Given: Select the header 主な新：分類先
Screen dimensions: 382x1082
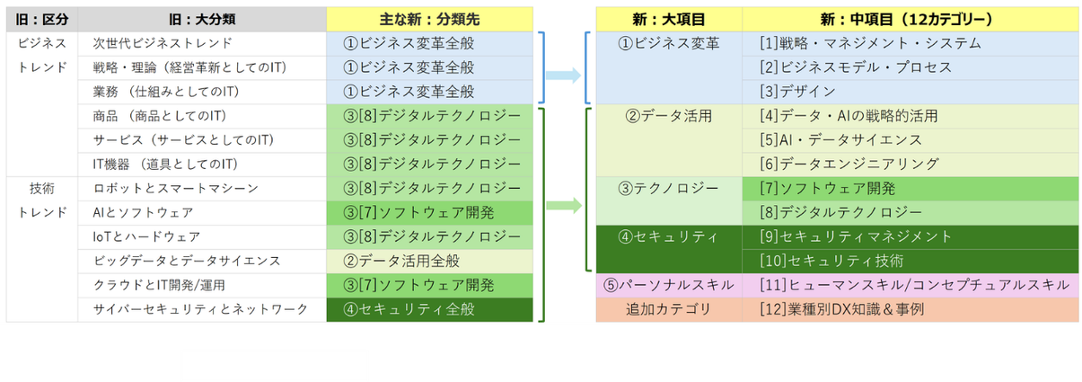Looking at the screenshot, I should [x=430, y=19].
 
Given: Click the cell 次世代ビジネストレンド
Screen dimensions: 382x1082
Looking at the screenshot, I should [x=163, y=43].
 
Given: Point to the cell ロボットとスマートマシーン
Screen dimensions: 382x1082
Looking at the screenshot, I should [x=176, y=188].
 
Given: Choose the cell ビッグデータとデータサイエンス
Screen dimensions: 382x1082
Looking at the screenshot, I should [x=187, y=261].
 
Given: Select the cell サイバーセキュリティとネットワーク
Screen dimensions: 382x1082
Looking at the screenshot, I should [x=199, y=309].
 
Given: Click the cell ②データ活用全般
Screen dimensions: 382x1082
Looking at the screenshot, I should [x=430, y=261].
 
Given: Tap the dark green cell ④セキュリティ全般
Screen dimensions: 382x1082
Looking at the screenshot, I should [x=430, y=309].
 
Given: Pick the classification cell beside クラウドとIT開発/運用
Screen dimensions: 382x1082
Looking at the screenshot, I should [x=430, y=285].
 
